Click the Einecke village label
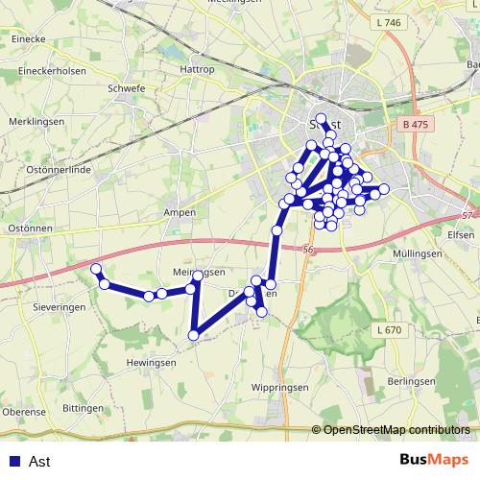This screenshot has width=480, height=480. pos(28,38)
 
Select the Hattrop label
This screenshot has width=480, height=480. pos(197,70)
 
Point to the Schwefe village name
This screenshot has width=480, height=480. pos(128,86)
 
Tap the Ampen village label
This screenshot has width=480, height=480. pos(180,212)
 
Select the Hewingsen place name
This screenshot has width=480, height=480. pos(151,363)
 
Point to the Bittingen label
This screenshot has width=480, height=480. pos(82,408)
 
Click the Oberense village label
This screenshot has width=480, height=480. pos(23,412)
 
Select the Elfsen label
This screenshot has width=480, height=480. pos(462,232)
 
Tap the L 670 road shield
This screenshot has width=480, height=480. pos(390,330)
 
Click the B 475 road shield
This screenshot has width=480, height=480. pos(413,124)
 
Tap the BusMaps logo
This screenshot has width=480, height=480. pos(433,461)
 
